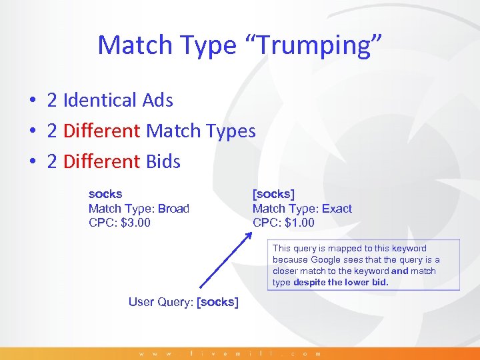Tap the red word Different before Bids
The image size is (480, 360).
coord(102,161)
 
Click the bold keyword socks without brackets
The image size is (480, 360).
coord(105,194)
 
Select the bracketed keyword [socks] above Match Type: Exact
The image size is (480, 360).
coord(273,194)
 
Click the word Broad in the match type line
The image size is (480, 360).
coord(173,209)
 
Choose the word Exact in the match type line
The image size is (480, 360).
coord(337,209)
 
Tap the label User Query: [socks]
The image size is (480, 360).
coord(183,302)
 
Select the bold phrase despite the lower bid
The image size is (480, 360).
coord(341,282)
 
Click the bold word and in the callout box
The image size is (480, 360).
coord(400,271)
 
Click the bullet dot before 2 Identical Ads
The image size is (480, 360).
coord(32,101)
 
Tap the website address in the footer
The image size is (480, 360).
coord(230,353)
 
